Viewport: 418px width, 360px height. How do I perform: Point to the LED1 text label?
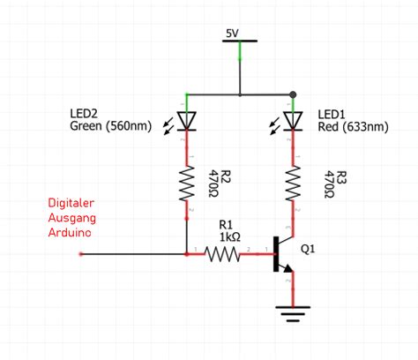tap(332, 113)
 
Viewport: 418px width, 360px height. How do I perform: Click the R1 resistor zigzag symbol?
tap(222, 254)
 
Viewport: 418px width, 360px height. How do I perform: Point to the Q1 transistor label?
tap(309, 250)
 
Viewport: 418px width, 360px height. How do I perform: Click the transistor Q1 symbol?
tap(284, 255)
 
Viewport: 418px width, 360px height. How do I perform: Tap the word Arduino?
tap(69, 233)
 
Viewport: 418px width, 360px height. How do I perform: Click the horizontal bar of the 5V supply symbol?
tap(239, 41)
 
